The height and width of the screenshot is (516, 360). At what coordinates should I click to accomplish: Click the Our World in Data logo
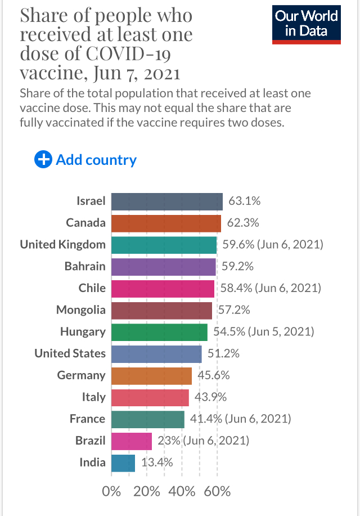click(307, 24)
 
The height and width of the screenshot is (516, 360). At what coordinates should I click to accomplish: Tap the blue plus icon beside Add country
click(43, 160)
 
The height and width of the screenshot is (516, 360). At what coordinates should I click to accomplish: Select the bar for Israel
click(166, 201)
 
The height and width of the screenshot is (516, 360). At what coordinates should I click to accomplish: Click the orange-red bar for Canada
click(166, 223)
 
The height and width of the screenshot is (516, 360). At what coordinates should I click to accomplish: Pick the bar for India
click(123, 463)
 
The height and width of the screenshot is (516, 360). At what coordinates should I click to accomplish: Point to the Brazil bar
click(132, 441)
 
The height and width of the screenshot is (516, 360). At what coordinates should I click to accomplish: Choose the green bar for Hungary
click(159, 331)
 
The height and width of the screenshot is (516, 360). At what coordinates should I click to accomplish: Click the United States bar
click(156, 353)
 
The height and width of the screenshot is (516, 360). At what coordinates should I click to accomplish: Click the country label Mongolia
click(80, 309)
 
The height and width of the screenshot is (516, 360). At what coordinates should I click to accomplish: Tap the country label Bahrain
click(85, 266)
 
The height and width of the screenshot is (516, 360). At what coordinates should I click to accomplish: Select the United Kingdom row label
click(62, 244)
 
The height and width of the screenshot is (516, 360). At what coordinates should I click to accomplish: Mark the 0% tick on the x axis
click(111, 491)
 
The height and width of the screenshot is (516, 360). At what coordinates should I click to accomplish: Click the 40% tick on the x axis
click(182, 491)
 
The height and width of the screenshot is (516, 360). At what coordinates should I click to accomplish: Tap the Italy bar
click(150, 397)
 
